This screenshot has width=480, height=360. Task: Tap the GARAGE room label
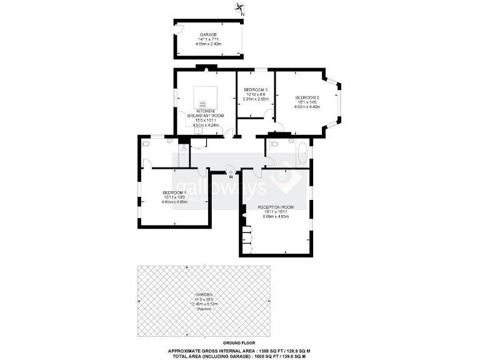point(207,34)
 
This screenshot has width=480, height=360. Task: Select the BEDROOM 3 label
point(255,89)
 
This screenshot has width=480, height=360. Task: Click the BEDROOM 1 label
point(174,192)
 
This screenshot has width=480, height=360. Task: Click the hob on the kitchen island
point(202,104)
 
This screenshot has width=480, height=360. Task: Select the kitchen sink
point(197,125)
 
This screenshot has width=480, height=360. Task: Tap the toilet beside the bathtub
point(291,142)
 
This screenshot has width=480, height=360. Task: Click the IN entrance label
point(231,177)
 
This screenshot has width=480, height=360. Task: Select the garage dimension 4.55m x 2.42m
point(207,44)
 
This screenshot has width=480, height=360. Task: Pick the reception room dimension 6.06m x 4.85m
point(276,216)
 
